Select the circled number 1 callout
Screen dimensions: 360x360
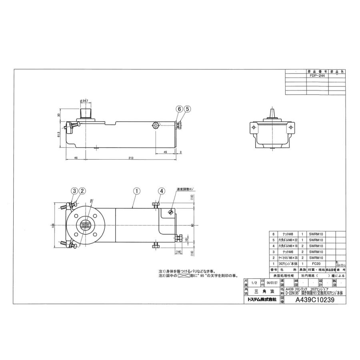(137, 191)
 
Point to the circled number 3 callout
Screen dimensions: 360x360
(74, 191)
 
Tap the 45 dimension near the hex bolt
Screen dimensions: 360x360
(166, 152)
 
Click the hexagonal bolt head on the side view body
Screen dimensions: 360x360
(156, 126)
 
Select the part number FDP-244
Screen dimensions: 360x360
(317, 75)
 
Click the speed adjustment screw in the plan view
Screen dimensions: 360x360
(171, 212)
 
